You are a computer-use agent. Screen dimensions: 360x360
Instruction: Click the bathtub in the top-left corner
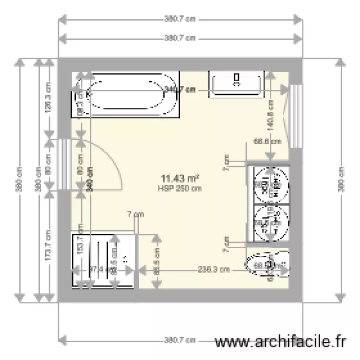pos(126,94)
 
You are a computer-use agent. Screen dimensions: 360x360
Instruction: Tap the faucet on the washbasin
pos(236,78)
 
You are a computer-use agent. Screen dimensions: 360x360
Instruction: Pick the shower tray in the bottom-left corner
pos(103,260)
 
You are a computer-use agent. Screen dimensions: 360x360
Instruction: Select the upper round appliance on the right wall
pos(270,185)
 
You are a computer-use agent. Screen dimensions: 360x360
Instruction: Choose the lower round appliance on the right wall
pos(270,222)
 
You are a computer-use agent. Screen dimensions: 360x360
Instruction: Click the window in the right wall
pos(297,116)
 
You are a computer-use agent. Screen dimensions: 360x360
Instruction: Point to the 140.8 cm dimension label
pos(270,115)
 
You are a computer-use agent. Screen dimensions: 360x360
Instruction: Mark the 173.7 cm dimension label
pos(48,245)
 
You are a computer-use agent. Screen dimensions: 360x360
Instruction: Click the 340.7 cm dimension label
pos(180,89)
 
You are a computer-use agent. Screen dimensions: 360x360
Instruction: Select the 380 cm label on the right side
pos(341,180)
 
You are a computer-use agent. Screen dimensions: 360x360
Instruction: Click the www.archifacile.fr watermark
pos(281,342)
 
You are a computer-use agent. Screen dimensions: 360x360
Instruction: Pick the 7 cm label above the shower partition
pos(136,215)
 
